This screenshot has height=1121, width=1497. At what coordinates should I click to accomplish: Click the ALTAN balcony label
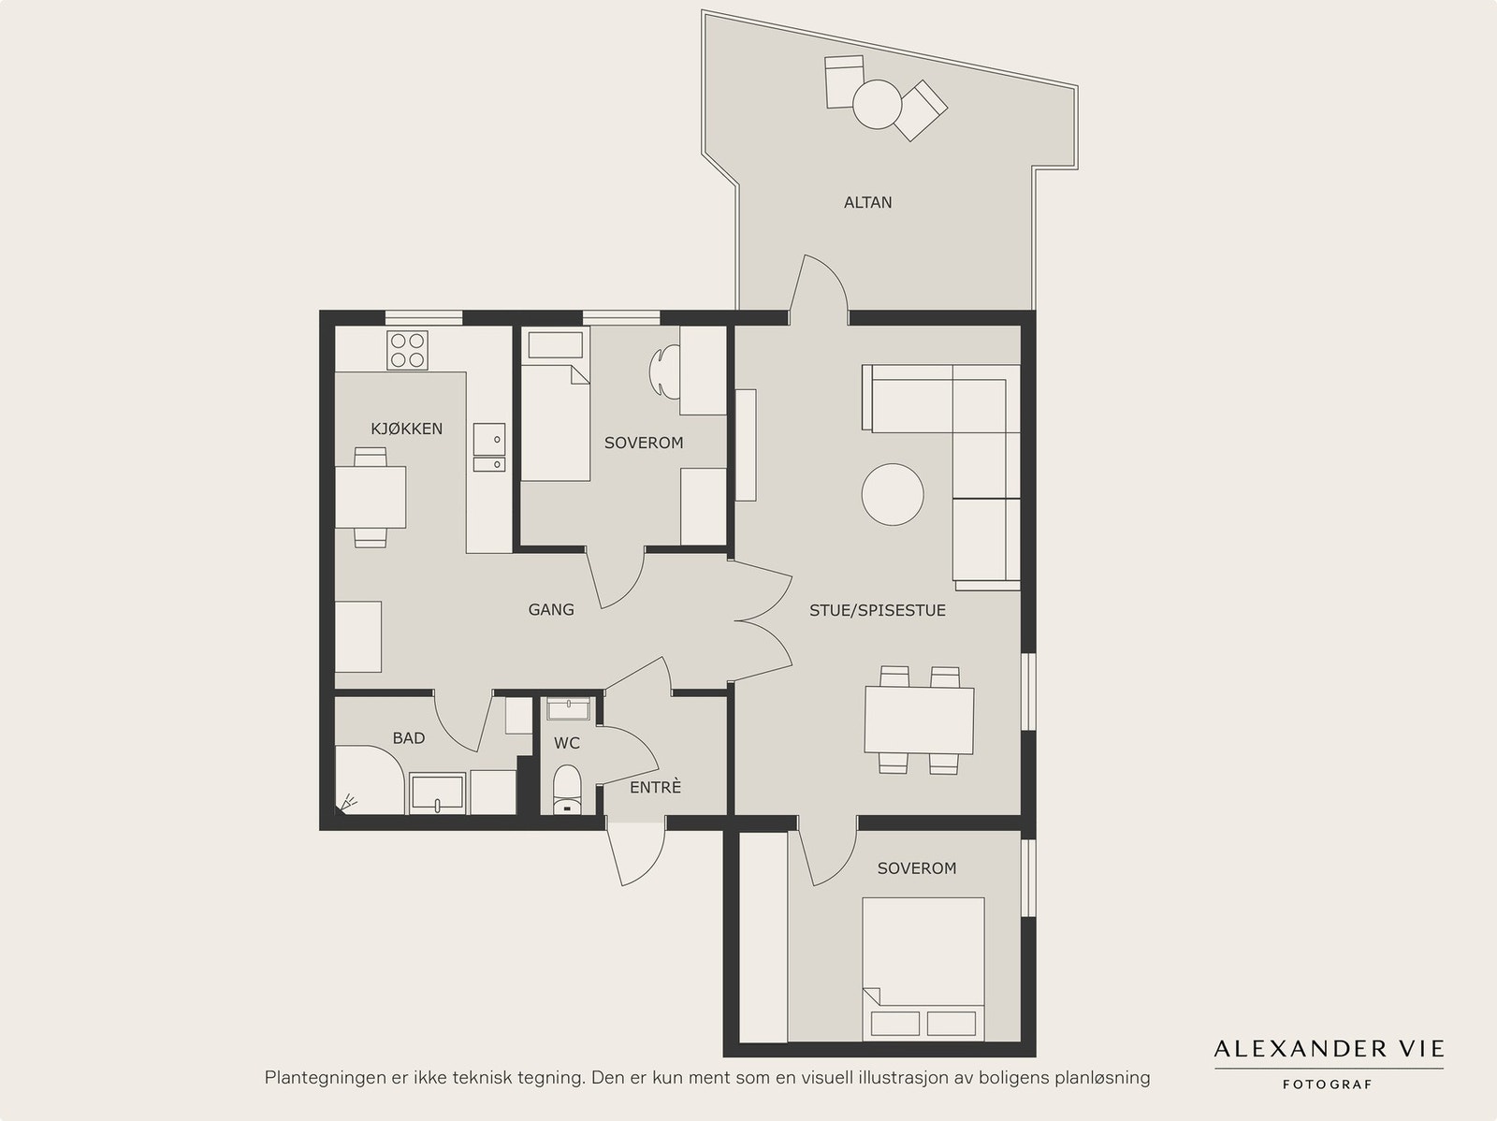coord(867,202)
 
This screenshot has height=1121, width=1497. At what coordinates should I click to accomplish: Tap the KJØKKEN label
coord(406,429)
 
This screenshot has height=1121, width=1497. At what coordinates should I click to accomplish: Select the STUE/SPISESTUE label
coord(877,610)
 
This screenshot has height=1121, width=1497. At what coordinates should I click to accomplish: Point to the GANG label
coord(551,609)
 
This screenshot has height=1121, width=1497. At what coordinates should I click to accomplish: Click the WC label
coord(567,743)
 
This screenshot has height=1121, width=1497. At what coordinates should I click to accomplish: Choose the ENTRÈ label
coord(655,788)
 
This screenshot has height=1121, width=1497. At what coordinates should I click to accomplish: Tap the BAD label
coord(409,737)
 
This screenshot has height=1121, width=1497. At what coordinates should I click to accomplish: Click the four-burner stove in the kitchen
coord(407,351)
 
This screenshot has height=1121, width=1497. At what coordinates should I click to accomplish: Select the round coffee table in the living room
coord(892,494)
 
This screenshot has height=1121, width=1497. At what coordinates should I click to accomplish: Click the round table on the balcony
coord(877,104)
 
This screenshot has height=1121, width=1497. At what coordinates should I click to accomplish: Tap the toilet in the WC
coord(567,790)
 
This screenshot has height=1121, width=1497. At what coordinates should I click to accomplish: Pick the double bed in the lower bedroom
coord(923,968)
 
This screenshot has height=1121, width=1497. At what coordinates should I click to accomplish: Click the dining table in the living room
coord(919,721)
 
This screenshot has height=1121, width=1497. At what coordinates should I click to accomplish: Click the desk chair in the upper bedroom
coord(664,371)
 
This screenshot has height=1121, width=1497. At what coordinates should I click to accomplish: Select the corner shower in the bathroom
coord(370,780)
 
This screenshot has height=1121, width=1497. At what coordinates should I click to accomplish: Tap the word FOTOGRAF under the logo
coord(1327,1085)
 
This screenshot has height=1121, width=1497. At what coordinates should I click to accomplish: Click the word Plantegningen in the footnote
coord(319,1078)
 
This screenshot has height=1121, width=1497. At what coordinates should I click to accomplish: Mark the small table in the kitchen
coord(371,497)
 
